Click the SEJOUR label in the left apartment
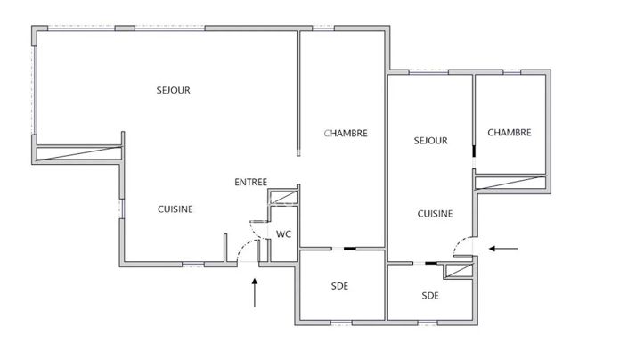tap(173, 90)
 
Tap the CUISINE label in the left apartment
tap(175, 209)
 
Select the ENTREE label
tap(250, 183)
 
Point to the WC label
tap(283, 235)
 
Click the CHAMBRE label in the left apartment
tap(346, 134)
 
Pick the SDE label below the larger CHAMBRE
tap(339, 286)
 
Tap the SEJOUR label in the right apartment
tap(430, 141)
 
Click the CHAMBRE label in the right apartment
tap(510, 133)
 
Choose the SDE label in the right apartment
tap(430, 295)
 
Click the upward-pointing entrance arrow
tap(256, 291)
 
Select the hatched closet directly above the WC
tap(284, 198)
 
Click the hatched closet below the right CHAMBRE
tap(510, 183)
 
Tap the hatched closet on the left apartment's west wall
tap(79, 153)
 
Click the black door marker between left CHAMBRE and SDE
tap(350, 250)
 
